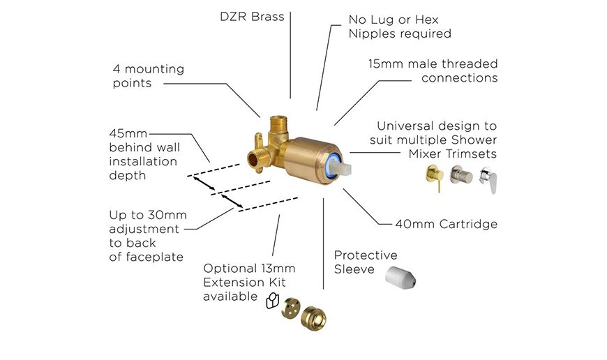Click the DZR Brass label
coord(253,16)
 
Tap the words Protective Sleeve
coord(366,262)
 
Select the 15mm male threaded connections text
coord(433,70)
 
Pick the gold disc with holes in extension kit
coord(287,313)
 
